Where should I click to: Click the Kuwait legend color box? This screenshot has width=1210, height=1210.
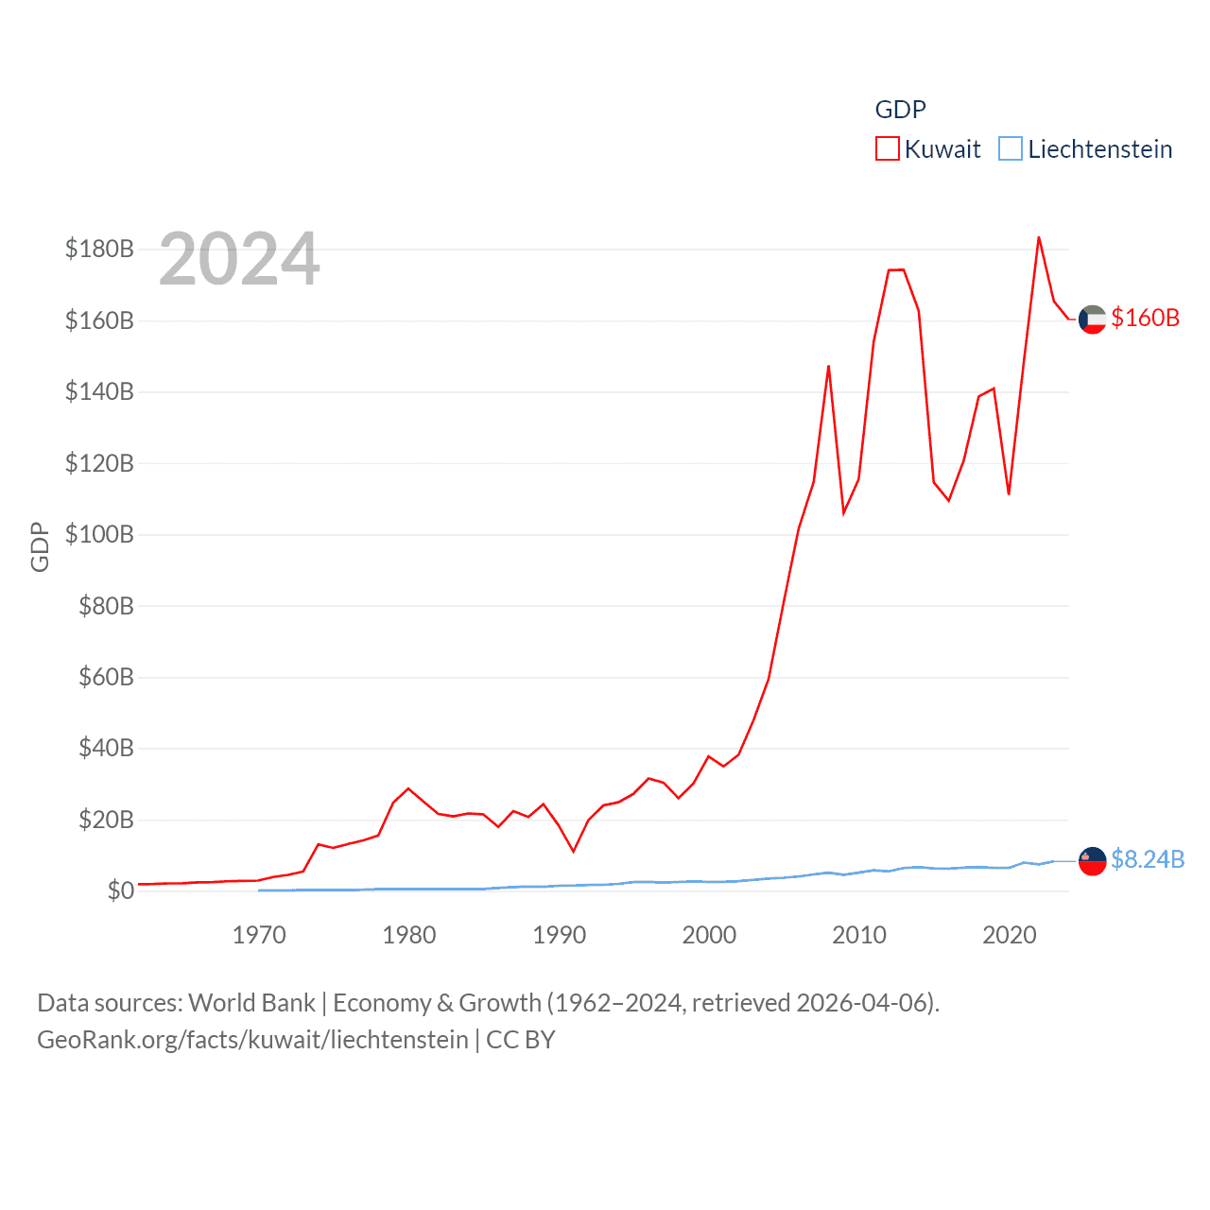pos(887,149)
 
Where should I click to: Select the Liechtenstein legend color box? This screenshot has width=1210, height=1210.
pos(1011,149)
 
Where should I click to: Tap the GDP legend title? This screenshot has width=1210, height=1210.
pos(900,110)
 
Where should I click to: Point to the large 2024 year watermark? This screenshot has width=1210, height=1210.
pos(239,259)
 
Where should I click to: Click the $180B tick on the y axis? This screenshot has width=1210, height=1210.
pos(99,250)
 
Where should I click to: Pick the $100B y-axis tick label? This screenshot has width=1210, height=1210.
pos(99,535)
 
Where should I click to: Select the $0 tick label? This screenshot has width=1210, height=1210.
pos(120,891)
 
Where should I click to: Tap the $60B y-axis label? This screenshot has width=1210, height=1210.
pos(106,678)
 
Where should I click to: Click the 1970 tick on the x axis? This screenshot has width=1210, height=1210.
pos(259,936)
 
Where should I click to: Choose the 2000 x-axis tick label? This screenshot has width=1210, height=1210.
pos(709,936)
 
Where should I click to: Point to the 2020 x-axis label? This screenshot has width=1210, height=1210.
pos(1010,936)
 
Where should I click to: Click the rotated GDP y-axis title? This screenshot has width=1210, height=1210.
pos(40,546)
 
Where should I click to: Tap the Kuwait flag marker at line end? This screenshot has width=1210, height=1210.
pos(1092,320)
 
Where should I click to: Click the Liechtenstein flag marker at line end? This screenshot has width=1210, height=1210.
pos(1092,861)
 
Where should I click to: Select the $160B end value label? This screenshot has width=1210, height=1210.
pos(1145,319)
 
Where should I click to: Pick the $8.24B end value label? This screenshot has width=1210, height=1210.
pos(1148,859)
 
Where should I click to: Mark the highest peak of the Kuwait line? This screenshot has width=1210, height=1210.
pos(1039,237)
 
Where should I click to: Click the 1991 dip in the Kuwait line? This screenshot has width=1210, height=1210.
pos(574,851)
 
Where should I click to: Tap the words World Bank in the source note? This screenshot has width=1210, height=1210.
pos(252,1003)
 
